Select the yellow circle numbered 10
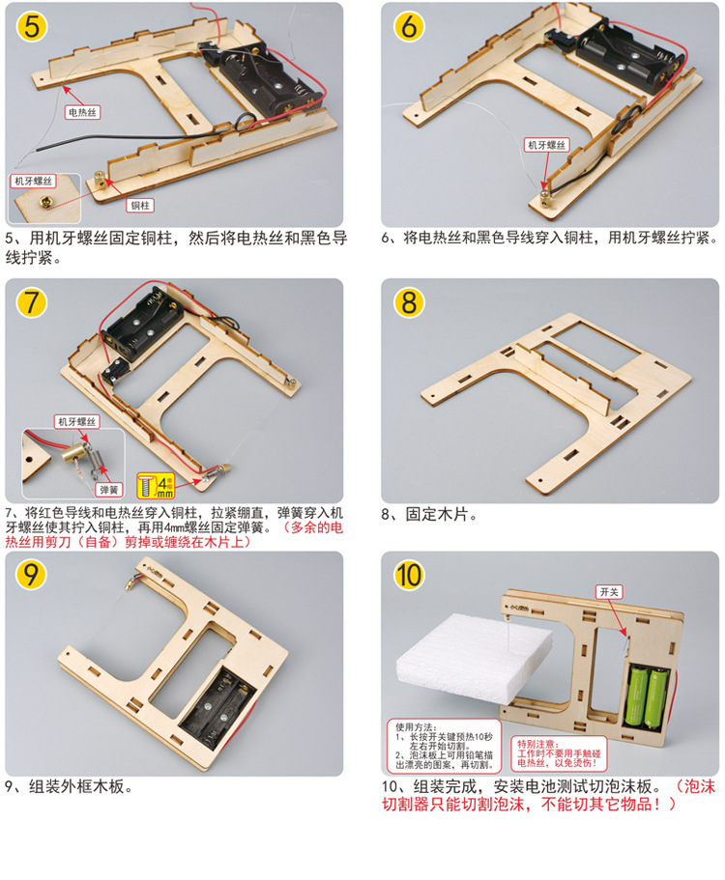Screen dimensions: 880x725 [409, 576]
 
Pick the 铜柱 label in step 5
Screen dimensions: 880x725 [140, 205]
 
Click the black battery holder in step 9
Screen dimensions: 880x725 [225, 714]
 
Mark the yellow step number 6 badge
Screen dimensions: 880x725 [408, 26]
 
